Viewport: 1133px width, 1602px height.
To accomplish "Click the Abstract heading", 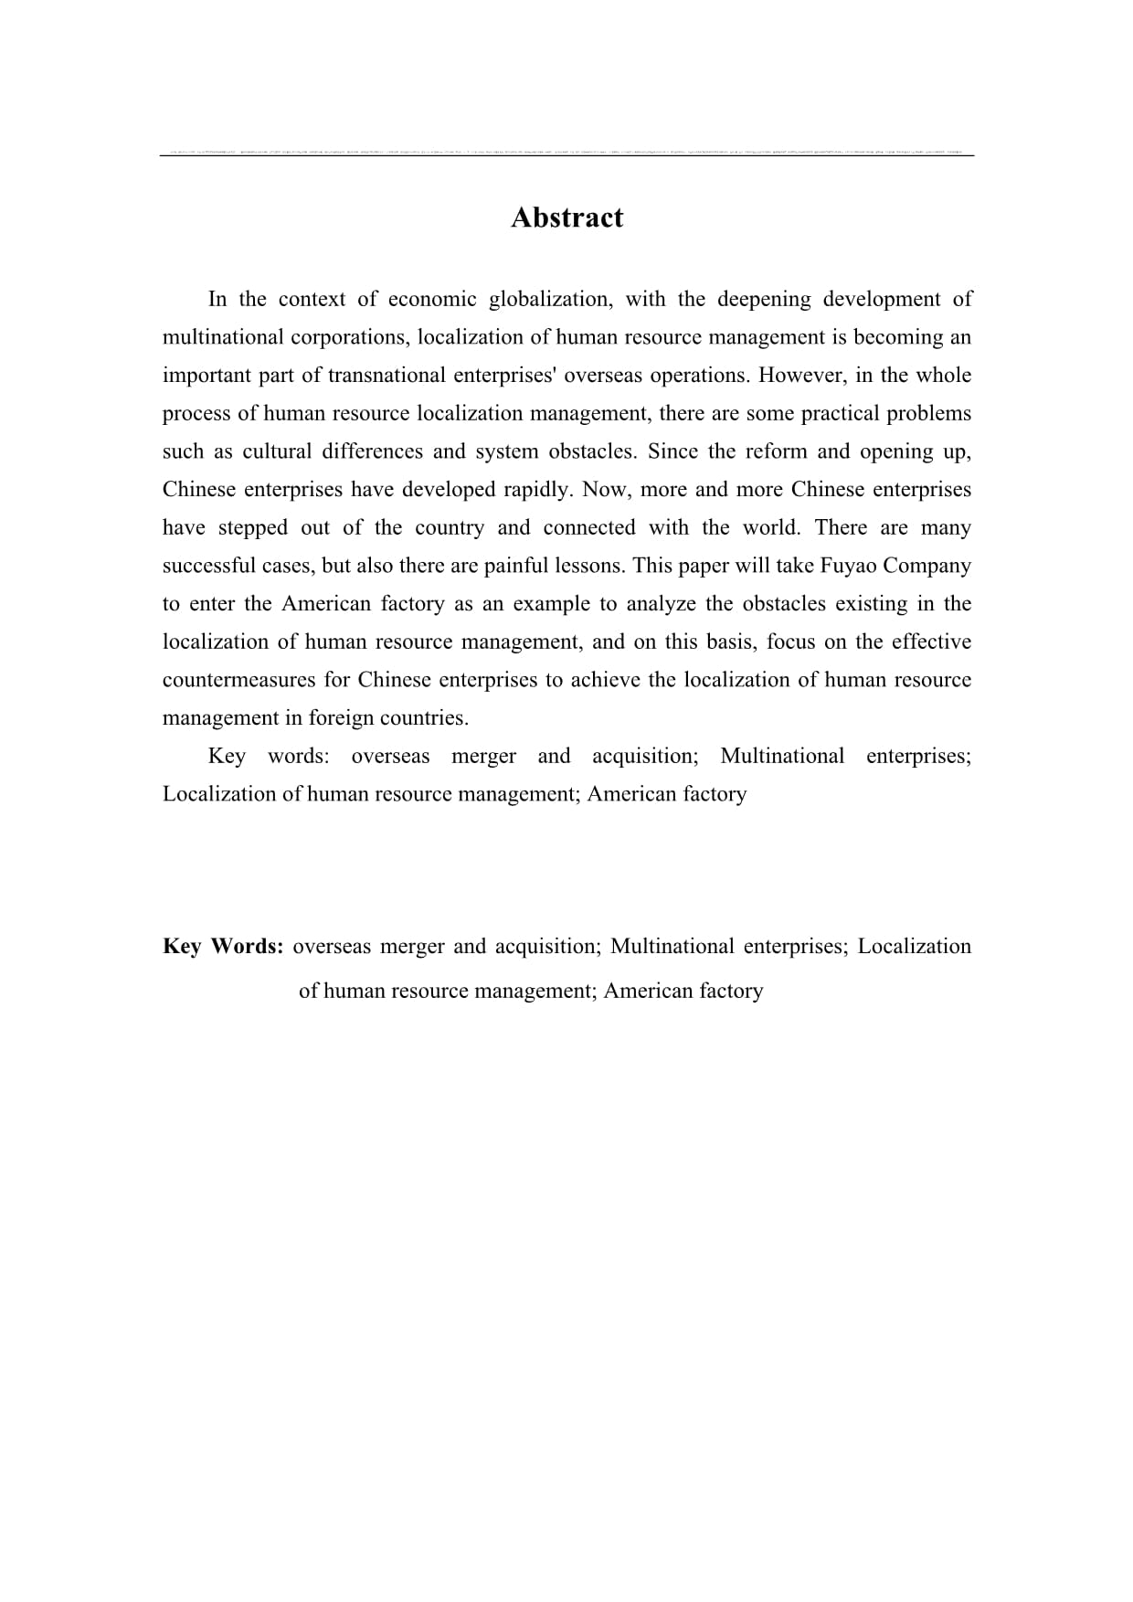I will pos(566,217).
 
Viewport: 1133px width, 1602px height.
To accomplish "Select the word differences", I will pos(371,451).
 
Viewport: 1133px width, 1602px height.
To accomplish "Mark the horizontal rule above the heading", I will pos(566,155).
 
